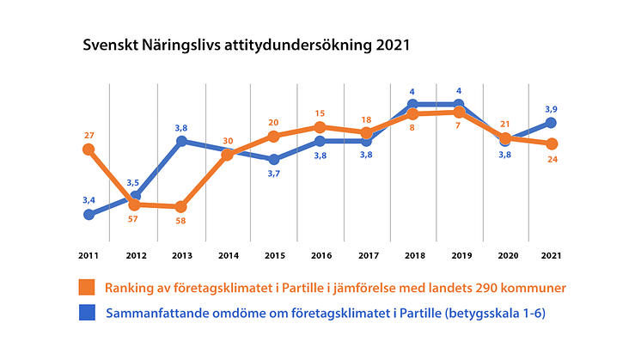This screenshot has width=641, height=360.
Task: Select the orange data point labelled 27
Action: [x=89, y=149]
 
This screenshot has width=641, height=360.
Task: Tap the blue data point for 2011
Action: [x=89, y=214]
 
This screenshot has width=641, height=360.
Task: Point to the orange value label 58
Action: [x=180, y=221]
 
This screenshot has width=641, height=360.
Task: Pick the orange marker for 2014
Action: [x=228, y=155]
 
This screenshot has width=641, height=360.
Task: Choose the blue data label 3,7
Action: [x=274, y=174]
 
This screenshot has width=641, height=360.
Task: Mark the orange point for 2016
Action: [x=320, y=127]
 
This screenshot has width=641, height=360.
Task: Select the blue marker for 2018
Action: [x=412, y=105]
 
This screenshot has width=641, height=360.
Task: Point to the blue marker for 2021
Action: [x=552, y=123]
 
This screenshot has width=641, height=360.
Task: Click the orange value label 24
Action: [x=552, y=159]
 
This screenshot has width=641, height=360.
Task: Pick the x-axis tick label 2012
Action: [x=135, y=255]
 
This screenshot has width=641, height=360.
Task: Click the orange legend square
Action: [x=87, y=287]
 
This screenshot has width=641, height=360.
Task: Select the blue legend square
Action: [x=87, y=314]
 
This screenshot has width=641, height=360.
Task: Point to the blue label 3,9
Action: [x=552, y=108]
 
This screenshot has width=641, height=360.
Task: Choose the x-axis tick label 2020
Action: [x=505, y=255]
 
